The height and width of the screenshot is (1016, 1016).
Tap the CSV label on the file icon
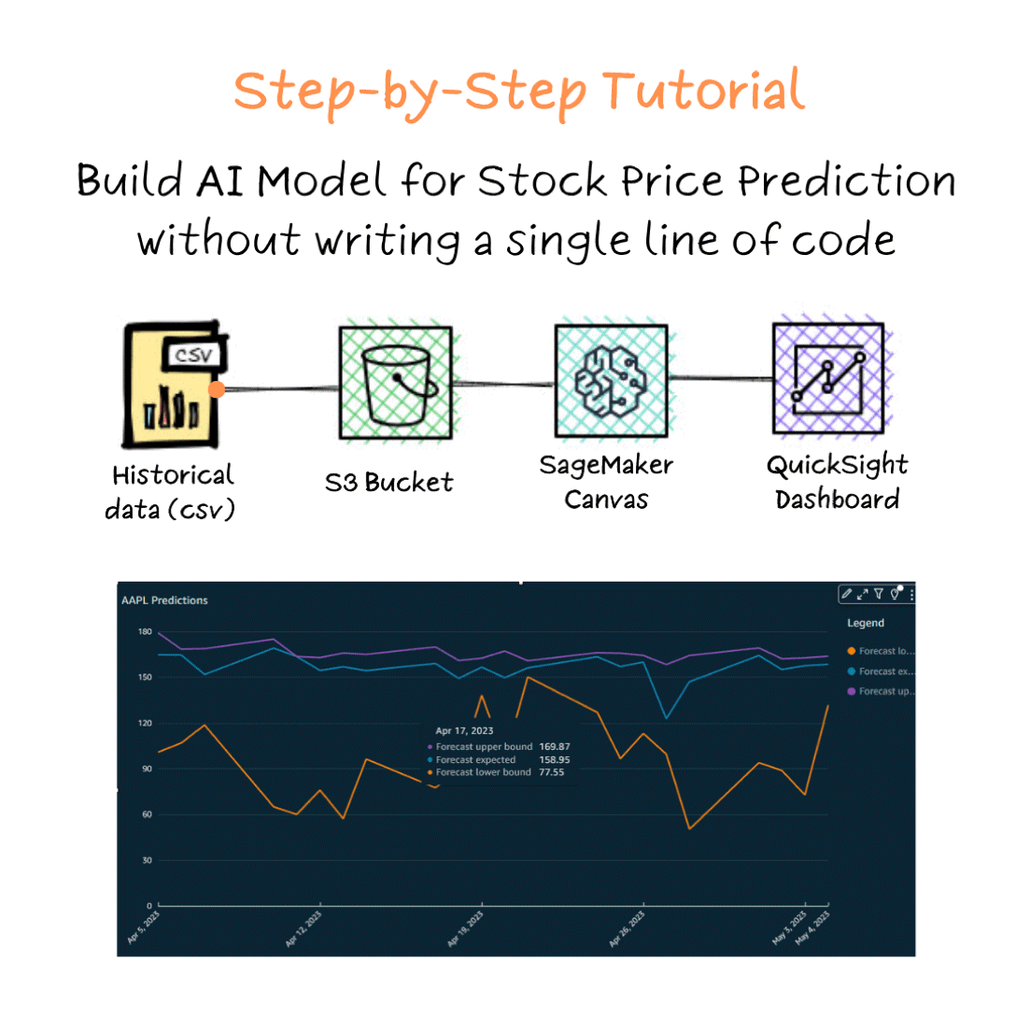pyautogui.click(x=194, y=356)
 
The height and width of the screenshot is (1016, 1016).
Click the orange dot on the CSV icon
pyautogui.click(x=217, y=389)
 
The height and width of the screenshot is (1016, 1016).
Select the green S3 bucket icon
pyautogui.click(x=394, y=381)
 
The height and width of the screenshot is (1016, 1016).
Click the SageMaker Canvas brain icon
pyautogui.click(x=611, y=381)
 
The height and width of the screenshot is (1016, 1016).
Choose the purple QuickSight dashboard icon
pyautogui.click(x=827, y=379)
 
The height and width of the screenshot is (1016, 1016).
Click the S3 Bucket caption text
pyautogui.click(x=388, y=483)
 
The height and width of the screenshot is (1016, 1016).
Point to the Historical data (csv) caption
pyautogui.click(x=172, y=492)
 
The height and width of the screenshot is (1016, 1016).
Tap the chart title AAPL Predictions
pyautogui.click(x=164, y=600)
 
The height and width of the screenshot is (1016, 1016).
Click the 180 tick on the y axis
pyautogui.click(x=145, y=632)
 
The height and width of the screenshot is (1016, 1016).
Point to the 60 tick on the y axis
pyautogui.click(x=146, y=814)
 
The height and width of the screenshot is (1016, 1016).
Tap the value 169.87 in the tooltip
pyautogui.click(x=555, y=747)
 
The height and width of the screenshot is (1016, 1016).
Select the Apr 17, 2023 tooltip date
pyautogui.click(x=464, y=731)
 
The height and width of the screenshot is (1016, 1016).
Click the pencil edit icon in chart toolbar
pyautogui.click(x=846, y=593)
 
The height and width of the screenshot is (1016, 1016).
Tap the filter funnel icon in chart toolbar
pyautogui.click(x=878, y=593)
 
